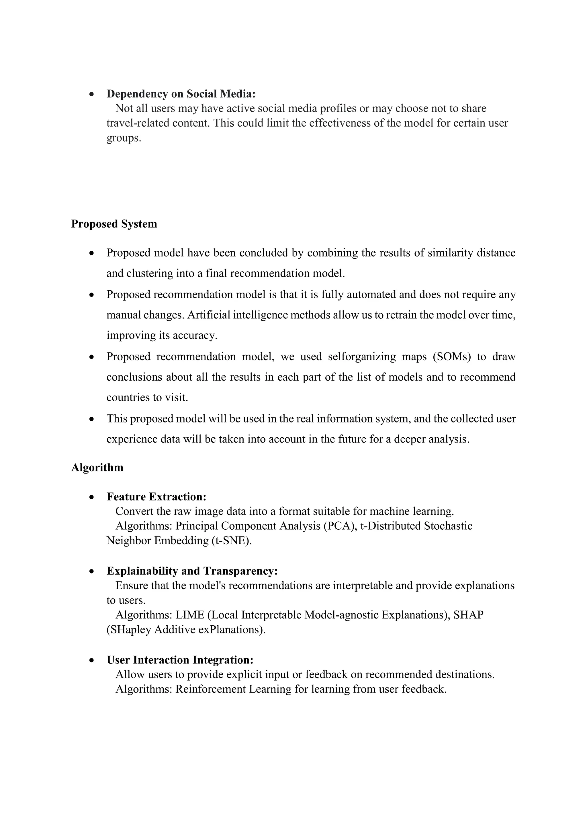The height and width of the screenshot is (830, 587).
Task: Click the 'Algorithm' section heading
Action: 97,467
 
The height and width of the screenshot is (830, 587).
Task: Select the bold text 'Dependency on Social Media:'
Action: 181,94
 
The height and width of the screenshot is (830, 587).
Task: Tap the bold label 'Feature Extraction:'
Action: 156,497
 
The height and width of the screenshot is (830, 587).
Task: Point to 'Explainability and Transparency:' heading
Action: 192,571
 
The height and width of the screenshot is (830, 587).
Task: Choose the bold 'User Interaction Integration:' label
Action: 180,660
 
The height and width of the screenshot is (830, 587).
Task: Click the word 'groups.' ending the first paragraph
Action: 124,138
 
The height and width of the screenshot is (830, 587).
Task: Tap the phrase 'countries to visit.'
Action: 147,398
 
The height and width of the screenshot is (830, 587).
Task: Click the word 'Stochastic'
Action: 448,526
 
